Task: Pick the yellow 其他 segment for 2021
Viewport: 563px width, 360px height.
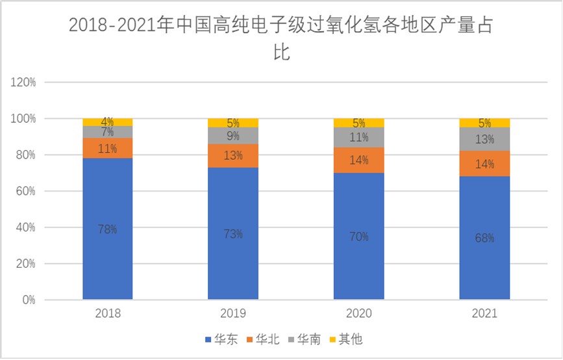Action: (484, 123)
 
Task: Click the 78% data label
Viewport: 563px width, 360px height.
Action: (108, 229)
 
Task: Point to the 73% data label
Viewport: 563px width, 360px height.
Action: (233, 233)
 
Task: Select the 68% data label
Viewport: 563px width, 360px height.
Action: (484, 238)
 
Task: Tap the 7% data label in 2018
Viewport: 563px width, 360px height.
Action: (108, 132)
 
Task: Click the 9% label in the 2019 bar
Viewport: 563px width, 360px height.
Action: (233, 136)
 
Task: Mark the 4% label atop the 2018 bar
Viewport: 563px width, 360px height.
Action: (108, 122)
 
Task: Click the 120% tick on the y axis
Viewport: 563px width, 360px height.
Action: (23, 83)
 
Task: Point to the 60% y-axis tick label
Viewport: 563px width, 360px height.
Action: (26, 191)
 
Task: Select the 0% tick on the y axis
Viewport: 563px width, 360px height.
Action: (29, 300)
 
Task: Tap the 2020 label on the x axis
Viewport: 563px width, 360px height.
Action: (358, 313)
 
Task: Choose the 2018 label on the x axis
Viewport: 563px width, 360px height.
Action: (108, 313)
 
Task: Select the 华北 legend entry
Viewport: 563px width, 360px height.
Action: (263, 339)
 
